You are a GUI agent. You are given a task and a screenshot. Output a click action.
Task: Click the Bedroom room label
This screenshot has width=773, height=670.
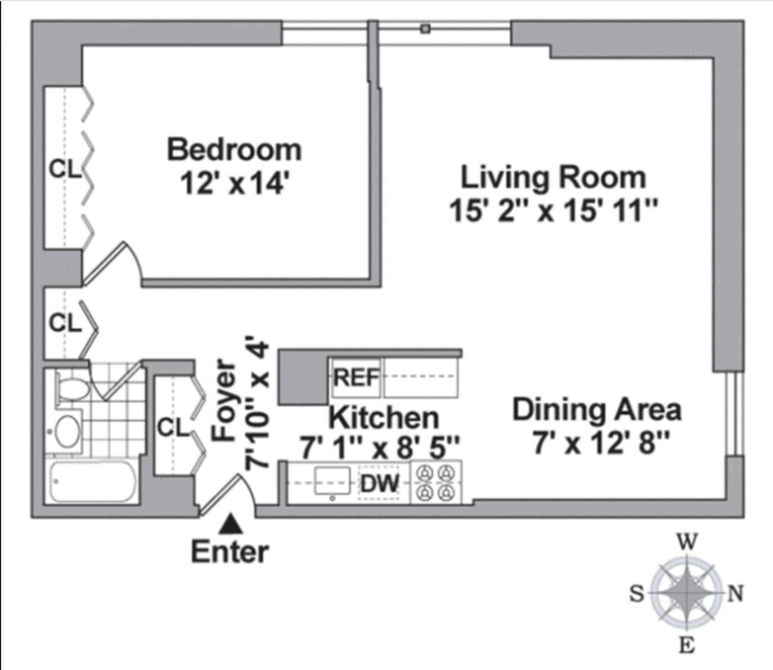[234, 150]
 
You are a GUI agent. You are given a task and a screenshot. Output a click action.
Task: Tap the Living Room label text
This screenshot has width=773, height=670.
[553, 177]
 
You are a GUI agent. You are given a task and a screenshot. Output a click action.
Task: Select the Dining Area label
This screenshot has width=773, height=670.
[596, 409]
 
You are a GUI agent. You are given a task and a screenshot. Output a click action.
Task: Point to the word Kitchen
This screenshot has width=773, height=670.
[384, 418]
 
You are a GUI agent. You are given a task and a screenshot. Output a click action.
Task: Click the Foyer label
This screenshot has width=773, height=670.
[224, 399]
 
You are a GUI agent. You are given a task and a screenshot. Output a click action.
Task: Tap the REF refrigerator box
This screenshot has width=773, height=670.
[356, 378]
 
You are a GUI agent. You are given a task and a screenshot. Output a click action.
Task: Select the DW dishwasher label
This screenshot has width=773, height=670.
[379, 483]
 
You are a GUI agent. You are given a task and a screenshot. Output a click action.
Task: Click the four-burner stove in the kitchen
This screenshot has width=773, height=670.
[436, 483]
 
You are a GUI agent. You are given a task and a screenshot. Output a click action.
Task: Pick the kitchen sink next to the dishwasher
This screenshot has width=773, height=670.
[332, 483]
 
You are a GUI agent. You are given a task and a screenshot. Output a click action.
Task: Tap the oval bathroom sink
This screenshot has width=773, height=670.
[68, 432]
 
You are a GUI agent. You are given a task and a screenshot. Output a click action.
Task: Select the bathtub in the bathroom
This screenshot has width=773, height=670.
[93, 482]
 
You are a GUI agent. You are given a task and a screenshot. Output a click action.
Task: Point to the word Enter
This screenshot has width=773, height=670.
[230, 552]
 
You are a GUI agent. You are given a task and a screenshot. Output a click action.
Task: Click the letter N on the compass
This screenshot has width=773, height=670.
[735, 593]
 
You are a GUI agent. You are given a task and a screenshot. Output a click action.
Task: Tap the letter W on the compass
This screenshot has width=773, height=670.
[687, 542]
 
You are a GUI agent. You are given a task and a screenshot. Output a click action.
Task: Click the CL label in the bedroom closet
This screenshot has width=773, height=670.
[65, 169]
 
